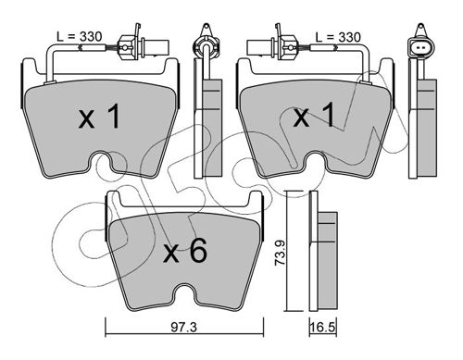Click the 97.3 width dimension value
pyautogui.click(x=183, y=328)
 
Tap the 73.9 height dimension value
pyautogui.click(x=281, y=252)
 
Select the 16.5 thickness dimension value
pyautogui.click(x=323, y=328)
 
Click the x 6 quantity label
pyautogui.click(x=185, y=252)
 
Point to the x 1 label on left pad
pyautogui.click(x=99, y=117)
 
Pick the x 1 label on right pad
pyautogui.click(x=314, y=115)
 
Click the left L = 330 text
pyautogui.click(x=79, y=37)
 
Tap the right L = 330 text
pyautogui.click(x=338, y=37)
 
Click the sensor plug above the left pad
pyautogui.click(x=144, y=44)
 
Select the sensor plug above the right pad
pyautogui.click(x=272, y=44)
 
